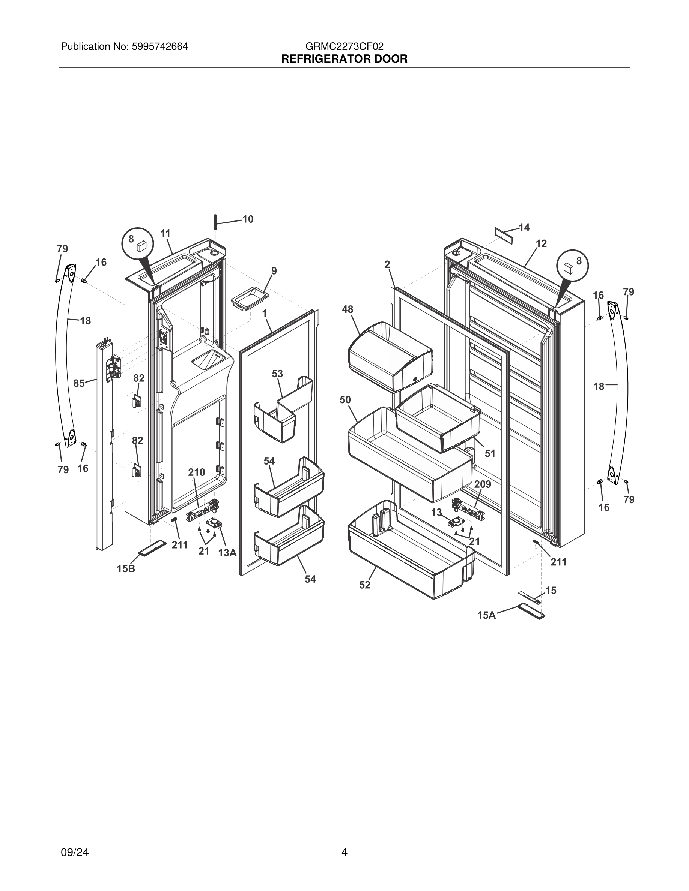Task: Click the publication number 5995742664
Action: pyautogui.click(x=159, y=46)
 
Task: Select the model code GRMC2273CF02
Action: pyautogui.click(x=344, y=46)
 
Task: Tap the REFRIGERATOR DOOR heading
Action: pyautogui.click(x=344, y=59)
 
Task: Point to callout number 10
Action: pyautogui.click(x=248, y=219)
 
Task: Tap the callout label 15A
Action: pyautogui.click(x=487, y=615)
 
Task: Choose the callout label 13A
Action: pyautogui.click(x=227, y=553)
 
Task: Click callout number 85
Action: pyautogui.click(x=79, y=383)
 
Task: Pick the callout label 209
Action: pyautogui.click(x=483, y=484)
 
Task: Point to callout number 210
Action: pyautogui.click(x=196, y=472)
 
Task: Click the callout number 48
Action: pyautogui.click(x=348, y=309)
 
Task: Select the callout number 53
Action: pyautogui.click(x=278, y=374)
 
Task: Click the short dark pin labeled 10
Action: pyautogui.click(x=214, y=222)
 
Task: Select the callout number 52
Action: pyautogui.click(x=364, y=585)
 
